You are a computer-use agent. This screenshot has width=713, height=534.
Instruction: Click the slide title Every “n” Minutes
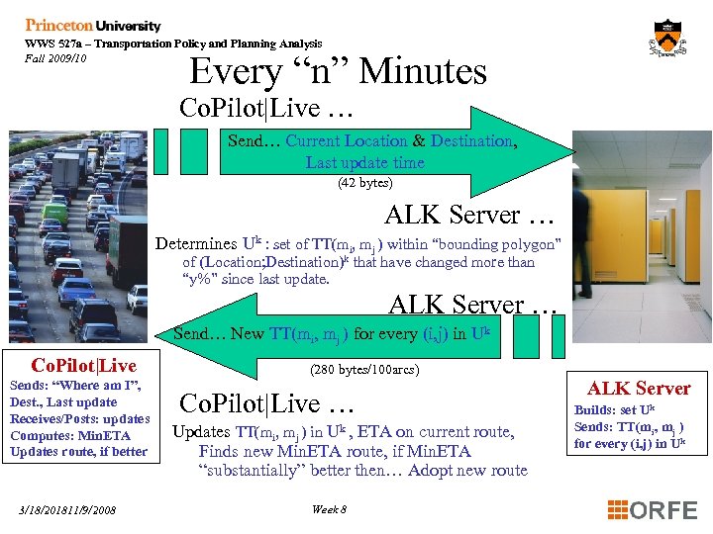point(338,71)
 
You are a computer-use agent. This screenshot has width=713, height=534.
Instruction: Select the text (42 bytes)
point(365,183)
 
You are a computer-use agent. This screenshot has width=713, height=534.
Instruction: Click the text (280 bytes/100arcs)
point(365,370)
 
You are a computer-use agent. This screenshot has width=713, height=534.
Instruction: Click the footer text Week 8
point(329,509)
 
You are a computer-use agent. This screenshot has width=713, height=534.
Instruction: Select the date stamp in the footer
point(67,510)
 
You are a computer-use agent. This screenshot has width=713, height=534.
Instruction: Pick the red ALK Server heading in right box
point(639,388)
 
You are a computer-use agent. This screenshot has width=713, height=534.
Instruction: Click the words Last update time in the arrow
point(364,162)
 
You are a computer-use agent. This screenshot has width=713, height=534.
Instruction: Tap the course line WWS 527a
point(173,44)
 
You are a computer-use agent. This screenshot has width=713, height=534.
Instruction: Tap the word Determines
point(196,243)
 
